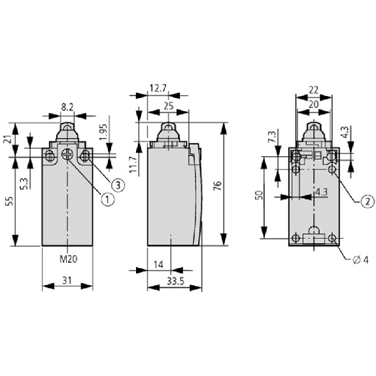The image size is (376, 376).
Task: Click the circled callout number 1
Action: click(108, 199)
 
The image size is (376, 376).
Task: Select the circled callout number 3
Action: click(118, 185)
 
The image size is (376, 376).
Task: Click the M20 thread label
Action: click(69, 259)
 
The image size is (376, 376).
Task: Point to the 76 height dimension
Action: click(217, 186)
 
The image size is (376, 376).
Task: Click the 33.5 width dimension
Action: click(175, 281)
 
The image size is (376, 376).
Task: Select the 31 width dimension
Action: click(67, 280)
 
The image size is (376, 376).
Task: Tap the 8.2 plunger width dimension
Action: click(67, 107)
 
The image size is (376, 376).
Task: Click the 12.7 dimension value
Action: click(158, 88)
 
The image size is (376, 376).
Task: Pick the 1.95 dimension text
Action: click(103, 132)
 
